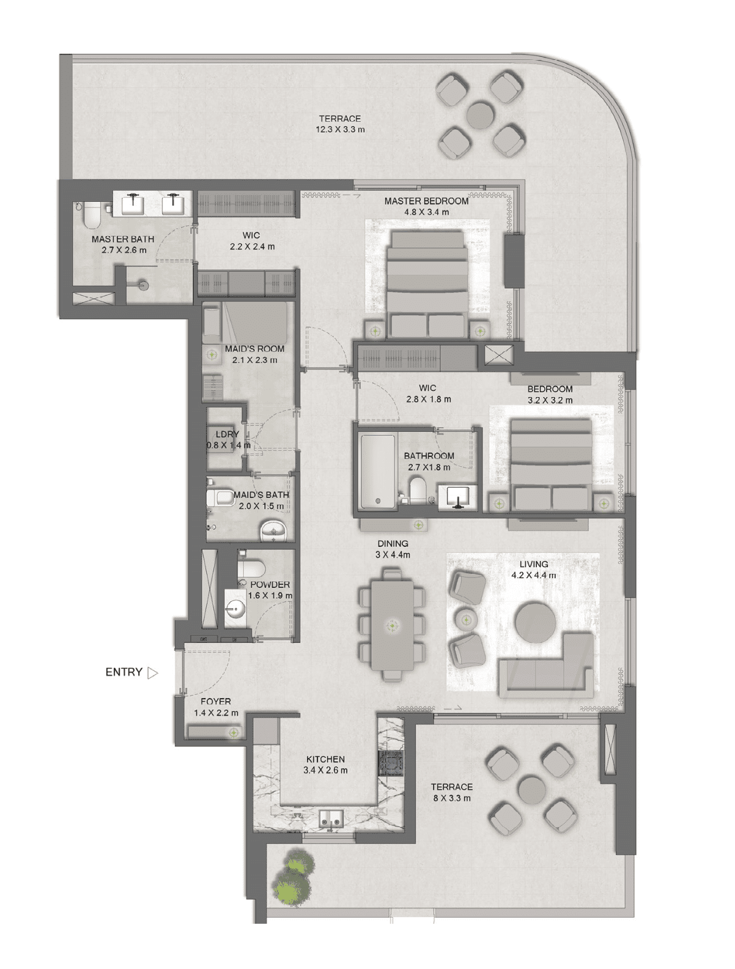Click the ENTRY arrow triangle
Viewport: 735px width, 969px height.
[152, 672]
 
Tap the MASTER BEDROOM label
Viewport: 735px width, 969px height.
[426, 201]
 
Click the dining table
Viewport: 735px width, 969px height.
[393, 625]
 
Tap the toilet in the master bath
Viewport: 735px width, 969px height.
[91, 214]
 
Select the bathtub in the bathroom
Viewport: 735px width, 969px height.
[377, 471]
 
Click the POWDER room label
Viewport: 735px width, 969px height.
[270, 584]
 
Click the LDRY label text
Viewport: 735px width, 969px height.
[227, 434]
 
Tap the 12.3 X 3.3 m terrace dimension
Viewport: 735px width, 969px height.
[340, 130]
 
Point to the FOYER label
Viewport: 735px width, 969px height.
[216, 702]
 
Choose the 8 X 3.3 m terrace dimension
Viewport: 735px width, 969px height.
[452, 798]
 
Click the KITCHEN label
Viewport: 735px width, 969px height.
[325, 759]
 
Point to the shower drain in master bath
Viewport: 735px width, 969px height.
[143, 284]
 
